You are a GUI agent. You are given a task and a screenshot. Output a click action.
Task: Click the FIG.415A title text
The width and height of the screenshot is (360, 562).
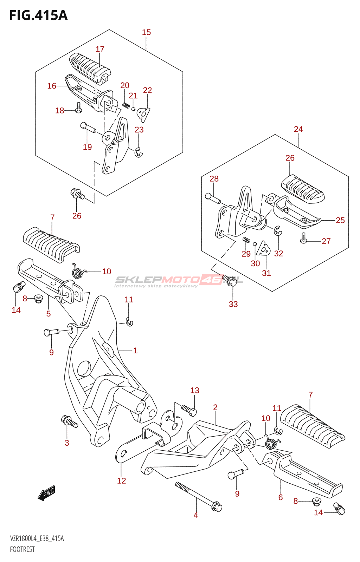(38, 15)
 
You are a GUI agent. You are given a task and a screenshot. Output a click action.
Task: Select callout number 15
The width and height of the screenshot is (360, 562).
(146, 32)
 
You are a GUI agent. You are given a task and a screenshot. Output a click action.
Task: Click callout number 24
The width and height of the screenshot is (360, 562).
(298, 129)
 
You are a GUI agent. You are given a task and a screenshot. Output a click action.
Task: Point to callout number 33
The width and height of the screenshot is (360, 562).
(233, 304)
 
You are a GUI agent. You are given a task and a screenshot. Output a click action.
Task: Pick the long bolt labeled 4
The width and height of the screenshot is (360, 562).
(198, 495)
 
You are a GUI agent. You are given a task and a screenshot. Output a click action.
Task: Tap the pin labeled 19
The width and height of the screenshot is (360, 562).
(88, 127)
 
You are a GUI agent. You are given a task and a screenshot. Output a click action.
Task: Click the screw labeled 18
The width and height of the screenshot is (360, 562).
(78, 107)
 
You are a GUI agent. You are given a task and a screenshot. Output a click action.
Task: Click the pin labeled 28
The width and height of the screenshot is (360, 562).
(212, 198)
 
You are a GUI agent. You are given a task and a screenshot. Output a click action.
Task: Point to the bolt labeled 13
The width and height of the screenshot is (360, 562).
(189, 410)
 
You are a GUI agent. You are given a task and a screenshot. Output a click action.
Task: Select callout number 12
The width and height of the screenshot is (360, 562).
(121, 481)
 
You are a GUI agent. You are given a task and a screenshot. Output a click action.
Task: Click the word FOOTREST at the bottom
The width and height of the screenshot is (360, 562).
(22, 549)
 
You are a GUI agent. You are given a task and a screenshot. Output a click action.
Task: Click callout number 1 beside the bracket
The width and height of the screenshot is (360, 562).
(135, 351)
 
